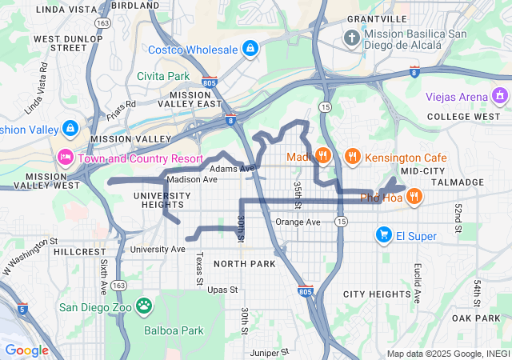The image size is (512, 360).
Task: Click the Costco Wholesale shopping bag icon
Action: tap(250, 49)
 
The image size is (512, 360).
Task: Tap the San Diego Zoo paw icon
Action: tap(144, 305)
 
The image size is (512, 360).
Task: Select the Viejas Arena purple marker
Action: tap(501, 97)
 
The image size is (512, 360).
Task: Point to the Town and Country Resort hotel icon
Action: tap(66, 154)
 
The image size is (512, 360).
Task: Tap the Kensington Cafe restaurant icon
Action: tap(352, 156)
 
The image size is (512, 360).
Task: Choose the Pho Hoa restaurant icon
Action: tap(414, 197)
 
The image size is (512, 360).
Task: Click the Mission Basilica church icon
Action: tap(352, 38)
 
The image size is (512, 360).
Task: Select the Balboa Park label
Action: tap(175, 330)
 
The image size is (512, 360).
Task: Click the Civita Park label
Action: tap(162, 76)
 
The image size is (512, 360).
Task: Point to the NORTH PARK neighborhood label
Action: tap(245, 264)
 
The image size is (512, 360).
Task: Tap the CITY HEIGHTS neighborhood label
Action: tap(377, 294)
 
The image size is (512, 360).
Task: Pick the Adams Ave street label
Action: tap(231, 169)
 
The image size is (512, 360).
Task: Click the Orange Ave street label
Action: tap(298, 222)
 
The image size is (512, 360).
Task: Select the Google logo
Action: tap(26, 350)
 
